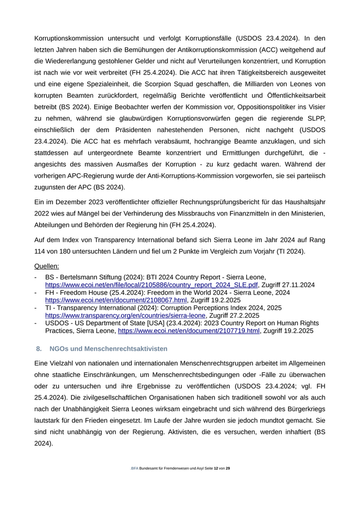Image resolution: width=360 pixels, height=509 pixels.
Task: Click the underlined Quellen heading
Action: pyautogui.click(x=46, y=266)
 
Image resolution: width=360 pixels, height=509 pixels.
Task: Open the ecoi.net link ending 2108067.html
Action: pyautogui.click(x=116, y=300)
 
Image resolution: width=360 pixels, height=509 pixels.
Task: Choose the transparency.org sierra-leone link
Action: pyautogui.click(x=125, y=316)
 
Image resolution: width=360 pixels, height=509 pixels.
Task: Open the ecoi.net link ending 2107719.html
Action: pyautogui.click(x=189, y=331)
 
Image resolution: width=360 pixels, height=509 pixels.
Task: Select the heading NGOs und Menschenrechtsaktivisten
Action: pyautogui.click(x=109, y=349)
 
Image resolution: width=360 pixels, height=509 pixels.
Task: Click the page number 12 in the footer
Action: pyautogui.click(x=215, y=468)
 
